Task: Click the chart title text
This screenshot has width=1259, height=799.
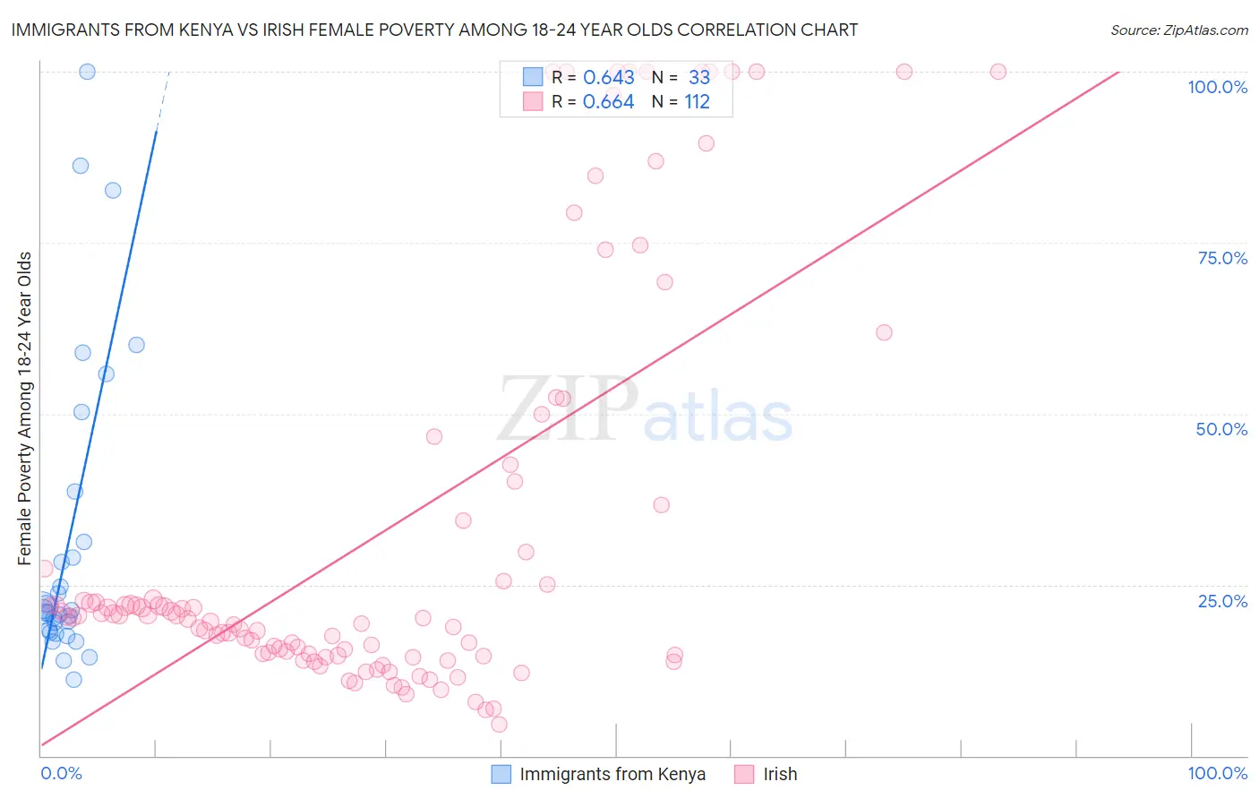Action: click(433, 30)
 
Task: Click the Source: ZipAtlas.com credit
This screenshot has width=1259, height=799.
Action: click(1178, 30)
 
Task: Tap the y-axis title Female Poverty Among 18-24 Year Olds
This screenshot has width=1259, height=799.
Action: click(25, 408)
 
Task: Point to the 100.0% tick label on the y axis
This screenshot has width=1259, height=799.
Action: click(1217, 87)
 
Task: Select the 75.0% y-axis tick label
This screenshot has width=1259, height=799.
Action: click(1222, 258)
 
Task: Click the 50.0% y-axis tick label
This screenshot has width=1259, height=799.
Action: click(1221, 429)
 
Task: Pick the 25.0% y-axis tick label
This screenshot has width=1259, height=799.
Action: click(1222, 601)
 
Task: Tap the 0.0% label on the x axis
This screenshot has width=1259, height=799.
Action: click(61, 773)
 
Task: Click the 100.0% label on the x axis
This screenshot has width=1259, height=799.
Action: click(1217, 773)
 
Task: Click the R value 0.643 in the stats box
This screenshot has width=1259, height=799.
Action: click(608, 78)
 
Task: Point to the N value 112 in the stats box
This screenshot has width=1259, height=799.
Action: click(697, 102)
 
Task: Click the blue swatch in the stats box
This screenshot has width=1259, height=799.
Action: click(533, 78)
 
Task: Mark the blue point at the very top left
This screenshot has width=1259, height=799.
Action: click(87, 72)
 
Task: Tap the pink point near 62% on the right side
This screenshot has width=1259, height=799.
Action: click(884, 332)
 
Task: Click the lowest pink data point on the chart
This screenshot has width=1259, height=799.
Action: click(499, 724)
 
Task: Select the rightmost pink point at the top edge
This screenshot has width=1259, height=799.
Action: click(998, 72)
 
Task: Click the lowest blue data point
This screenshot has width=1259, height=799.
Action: click(73, 679)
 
